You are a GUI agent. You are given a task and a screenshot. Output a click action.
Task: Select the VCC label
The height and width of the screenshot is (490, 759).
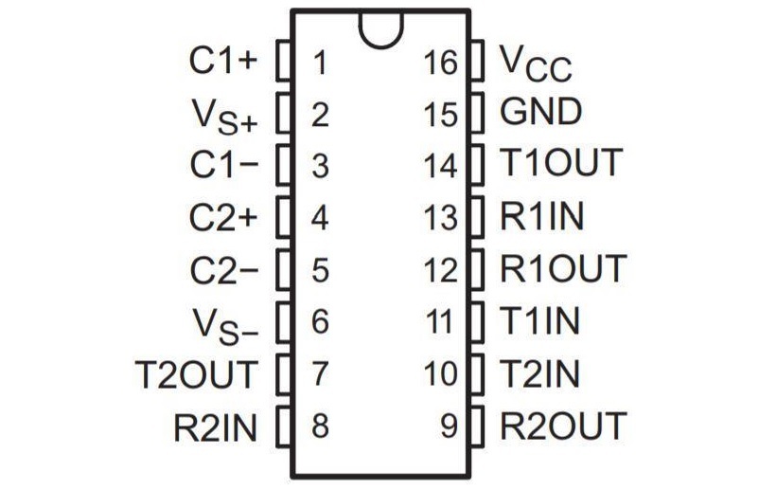(x=536, y=63)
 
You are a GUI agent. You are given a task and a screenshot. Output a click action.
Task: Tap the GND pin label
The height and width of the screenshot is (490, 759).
(x=540, y=113)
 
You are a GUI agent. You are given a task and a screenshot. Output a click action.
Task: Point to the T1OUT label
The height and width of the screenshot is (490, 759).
(x=561, y=164)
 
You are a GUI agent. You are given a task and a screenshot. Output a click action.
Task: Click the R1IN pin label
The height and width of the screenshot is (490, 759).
(x=542, y=217)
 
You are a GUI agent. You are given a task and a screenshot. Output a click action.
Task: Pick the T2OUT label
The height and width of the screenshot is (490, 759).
(x=195, y=374)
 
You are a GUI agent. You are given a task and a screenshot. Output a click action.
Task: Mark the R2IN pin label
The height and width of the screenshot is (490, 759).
(x=215, y=426)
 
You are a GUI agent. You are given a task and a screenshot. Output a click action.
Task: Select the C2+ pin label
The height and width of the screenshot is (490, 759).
(x=222, y=217)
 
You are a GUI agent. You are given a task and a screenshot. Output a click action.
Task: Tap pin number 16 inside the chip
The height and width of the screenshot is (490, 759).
(x=441, y=63)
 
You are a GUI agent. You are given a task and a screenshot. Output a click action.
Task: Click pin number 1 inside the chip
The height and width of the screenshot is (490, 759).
(x=319, y=63)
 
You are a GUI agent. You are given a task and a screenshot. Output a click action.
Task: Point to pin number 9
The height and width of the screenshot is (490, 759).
(x=450, y=426)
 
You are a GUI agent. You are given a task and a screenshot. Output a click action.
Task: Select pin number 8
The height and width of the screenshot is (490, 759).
(x=319, y=426)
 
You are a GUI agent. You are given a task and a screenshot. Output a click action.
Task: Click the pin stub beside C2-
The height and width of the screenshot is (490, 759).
(x=281, y=270)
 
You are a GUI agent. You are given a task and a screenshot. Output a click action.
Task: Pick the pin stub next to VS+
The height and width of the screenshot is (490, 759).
(x=281, y=115)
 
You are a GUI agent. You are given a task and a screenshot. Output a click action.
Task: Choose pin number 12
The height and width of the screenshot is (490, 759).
(x=441, y=270)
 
